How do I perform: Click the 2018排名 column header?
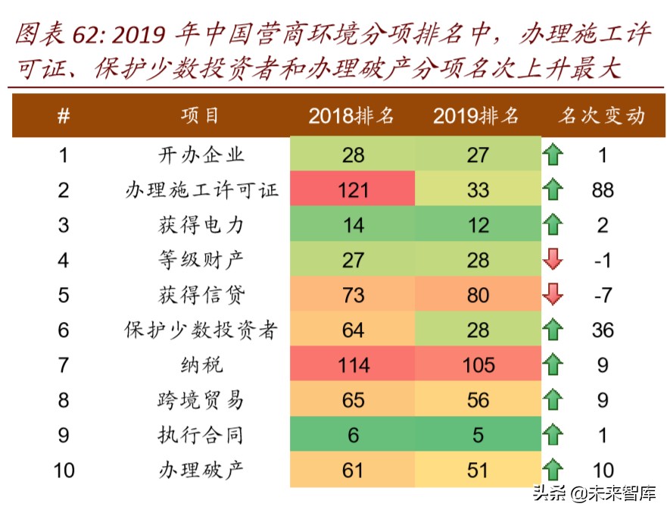click(352, 116)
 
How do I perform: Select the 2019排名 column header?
click(477, 116)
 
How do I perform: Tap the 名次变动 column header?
click(602, 116)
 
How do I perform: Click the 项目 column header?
click(201, 116)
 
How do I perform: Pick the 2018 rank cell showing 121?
click(353, 189)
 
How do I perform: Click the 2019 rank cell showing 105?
click(478, 365)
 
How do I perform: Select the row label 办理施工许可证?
click(201, 189)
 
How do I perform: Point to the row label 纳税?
click(201, 365)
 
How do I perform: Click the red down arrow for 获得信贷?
click(553, 295)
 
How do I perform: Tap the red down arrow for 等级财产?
click(553, 260)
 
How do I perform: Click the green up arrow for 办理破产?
click(553, 470)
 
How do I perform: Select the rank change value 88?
click(603, 189)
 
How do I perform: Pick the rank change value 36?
click(603, 330)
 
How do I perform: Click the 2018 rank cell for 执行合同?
click(353, 435)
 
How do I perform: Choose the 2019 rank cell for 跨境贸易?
click(478, 400)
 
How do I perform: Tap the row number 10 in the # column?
click(64, 470)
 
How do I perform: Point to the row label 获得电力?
click(201, 225)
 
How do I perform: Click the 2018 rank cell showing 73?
click(353, 295)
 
